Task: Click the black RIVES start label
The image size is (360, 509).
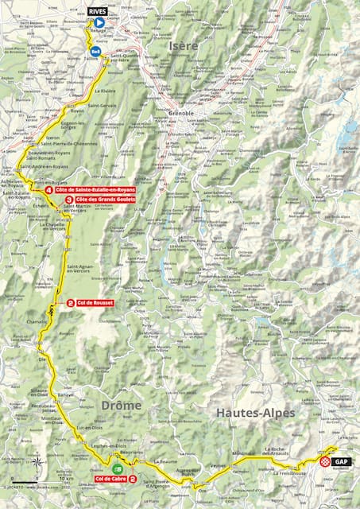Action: (x=98, y=12)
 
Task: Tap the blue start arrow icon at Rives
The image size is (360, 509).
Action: (x=99, y=24)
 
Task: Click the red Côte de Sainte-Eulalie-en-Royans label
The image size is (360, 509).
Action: (x=95, y=190)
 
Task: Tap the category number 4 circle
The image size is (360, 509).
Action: (x=49, y=191)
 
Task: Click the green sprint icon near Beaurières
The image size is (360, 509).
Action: (x=118, y=468)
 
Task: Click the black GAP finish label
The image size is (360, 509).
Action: (x=341, y=461)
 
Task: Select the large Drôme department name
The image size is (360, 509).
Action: (x=121, y=405)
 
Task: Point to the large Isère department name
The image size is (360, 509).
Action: (x=184, y=48)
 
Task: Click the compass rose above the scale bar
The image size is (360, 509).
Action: (x=36, y=460)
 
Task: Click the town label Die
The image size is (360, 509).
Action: (x=42, y=359)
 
